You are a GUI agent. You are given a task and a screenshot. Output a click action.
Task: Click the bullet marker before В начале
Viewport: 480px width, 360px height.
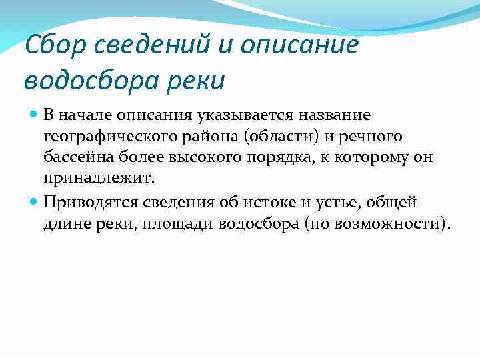click(x=35, y=115)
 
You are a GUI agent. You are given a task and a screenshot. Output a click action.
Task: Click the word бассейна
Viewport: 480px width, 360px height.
click(x=74, y=158)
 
